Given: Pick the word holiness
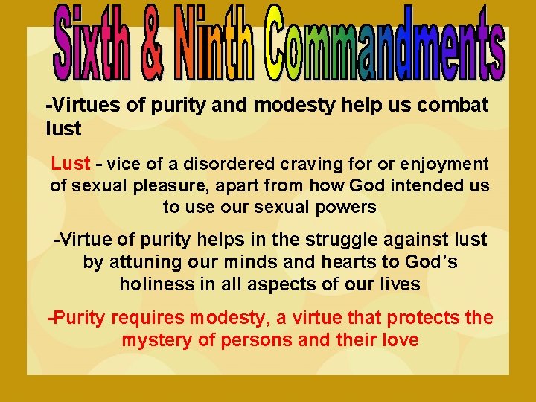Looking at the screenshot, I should (x=152, y=284).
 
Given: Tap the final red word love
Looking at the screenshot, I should (x=399, y=340).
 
